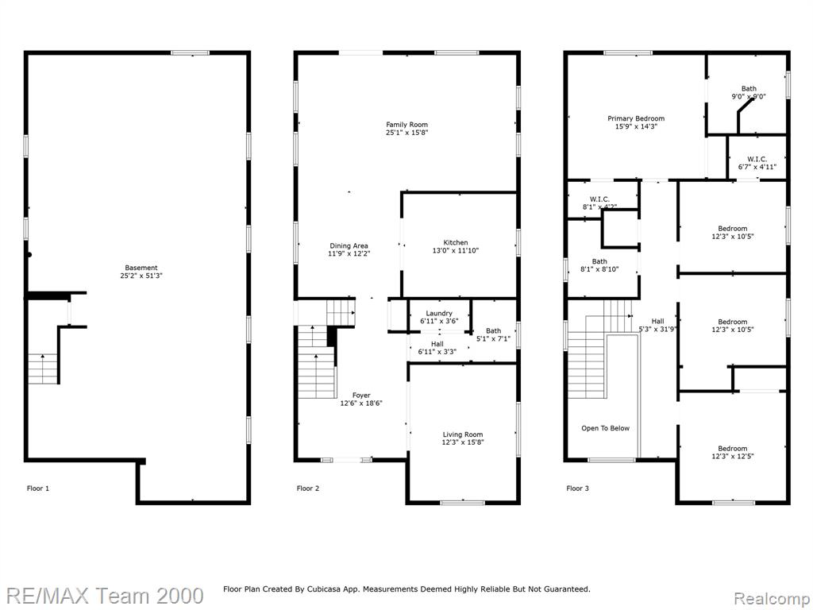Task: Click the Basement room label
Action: (141, 268)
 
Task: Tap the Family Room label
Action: (407, 125)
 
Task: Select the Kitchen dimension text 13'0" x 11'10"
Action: (456, 250)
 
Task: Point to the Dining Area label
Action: (349, 246)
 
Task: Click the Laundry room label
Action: (439, 313)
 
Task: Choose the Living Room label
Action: (463, 434)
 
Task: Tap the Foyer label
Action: (361, 396)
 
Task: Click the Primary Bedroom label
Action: (636, 118)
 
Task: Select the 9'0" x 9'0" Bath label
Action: (749, 92)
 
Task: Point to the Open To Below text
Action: (606, 428)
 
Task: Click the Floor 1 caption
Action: (38, 488)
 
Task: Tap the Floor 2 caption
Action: (308, 488)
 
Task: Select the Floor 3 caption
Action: (578, 488)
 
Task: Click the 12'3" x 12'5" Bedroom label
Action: (733, 452)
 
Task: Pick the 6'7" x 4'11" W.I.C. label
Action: (757, 163)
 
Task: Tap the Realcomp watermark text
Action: (772, 599)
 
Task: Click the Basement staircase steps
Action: (43, 369)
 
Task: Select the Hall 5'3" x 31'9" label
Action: (658, 325)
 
